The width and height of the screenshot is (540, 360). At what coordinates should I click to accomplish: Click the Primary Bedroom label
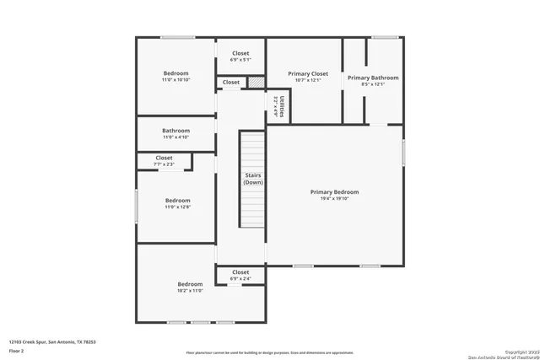[334, 191]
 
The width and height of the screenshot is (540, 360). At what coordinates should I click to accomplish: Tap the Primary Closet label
[308, 74]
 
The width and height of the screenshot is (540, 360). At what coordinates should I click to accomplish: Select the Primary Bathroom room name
[373, 78]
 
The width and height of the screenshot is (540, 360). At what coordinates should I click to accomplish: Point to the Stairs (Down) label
[253, 179]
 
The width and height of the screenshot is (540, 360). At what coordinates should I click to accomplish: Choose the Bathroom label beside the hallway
[176, 131]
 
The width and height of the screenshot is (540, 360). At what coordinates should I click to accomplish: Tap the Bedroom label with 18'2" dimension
[190, 284]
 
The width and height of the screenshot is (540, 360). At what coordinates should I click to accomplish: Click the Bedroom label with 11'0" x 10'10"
[176, 73]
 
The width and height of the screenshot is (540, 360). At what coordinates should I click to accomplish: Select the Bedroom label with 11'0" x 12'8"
[176, 200]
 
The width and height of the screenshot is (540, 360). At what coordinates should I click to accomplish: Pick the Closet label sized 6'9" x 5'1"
[240, 53]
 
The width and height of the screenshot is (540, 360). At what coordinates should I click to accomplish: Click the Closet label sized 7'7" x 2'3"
[165, 158]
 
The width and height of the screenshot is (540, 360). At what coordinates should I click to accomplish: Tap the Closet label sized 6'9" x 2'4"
[240, 272]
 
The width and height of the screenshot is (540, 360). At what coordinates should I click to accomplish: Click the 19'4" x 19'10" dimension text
[334, 199]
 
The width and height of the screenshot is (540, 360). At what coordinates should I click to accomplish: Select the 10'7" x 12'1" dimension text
[308, 82]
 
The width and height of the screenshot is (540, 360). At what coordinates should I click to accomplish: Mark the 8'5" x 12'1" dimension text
[373, 84]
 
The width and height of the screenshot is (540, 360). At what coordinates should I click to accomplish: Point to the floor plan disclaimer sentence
[270, 353]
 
